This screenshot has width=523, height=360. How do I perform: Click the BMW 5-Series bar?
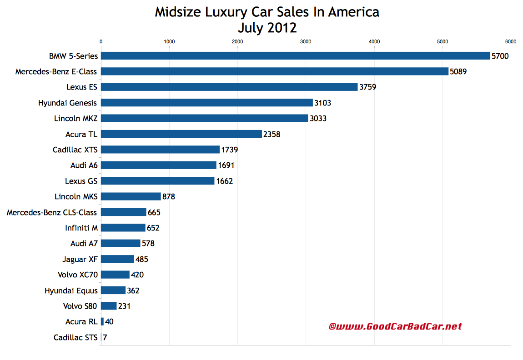pyautogui.click(x=295, y=56)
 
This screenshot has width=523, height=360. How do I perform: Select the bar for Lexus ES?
pyautogui.click(x=229, y=87)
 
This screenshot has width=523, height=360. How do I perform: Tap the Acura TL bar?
pyautogui.click(x=181, y=134)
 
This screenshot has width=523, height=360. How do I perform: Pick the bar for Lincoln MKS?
pyautogui.click(x=131, y=196)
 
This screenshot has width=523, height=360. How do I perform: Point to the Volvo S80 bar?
pyautogui.click(x=109, y=306)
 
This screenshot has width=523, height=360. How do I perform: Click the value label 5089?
pyautogui.click(x=458, y=71)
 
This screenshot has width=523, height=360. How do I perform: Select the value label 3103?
pyautogui.click(x=322, y=103)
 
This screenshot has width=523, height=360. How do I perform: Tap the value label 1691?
pyautogui.click(x=226, y=165)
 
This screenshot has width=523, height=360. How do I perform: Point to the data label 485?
pyautogui.click(x=142, y=259)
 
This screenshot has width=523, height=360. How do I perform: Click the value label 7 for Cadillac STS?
pyautogui.click(x=105, y=337)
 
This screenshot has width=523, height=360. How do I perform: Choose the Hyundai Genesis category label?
pyautogui.click(x=68, y=103)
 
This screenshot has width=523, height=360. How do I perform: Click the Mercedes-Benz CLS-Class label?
pyautogui.click(x=52, y=212)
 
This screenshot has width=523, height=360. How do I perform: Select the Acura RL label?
pyautogui.click(x=81, y=322)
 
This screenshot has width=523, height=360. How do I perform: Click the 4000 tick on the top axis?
pyautogui.click(x=374, y=41)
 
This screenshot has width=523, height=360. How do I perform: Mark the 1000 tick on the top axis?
pyautogui.click(x=169, y=41)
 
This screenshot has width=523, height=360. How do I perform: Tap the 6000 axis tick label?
pyautogui.click(x=511, y=41)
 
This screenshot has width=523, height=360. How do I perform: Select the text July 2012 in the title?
pyautogui.click(x=267, y=28)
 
